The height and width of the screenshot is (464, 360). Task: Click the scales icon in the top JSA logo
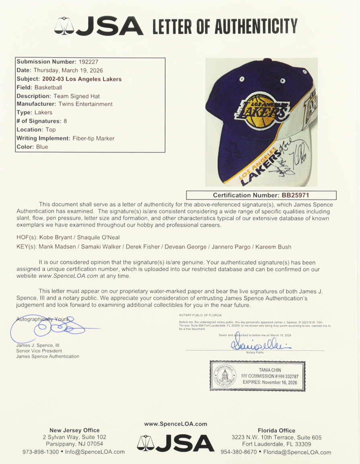69,26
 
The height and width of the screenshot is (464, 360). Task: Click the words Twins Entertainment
85,104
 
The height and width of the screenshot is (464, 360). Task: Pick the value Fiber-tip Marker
93,138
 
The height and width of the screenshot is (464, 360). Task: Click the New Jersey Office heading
74,430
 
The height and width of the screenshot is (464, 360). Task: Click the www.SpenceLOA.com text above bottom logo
176,424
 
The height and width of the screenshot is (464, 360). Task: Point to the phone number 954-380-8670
239,452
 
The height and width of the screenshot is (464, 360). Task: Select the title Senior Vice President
39,351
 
